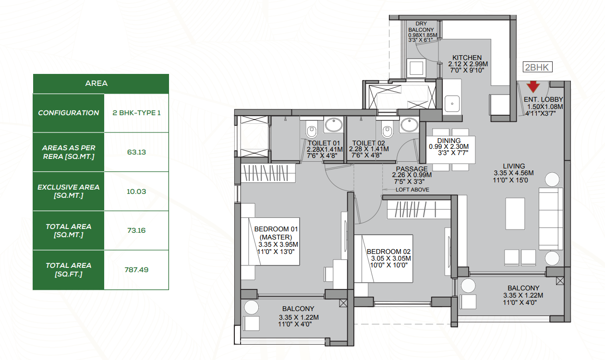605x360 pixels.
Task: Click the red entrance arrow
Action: tap(533, 87)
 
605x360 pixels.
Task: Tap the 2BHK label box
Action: tap(537, 67)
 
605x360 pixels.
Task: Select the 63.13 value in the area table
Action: tap(136, 152)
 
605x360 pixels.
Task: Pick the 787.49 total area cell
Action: tap(136, 270)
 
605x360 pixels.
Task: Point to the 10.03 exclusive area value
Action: tap(136, 192)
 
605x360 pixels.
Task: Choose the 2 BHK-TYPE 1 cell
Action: tap(136, 113)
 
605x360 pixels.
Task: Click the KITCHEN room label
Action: tap(467, 58)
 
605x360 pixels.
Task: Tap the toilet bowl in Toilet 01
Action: tap(312, 129)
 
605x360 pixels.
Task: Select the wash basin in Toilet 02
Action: tap(410, 125)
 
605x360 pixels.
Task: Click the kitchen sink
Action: tap(452, 103)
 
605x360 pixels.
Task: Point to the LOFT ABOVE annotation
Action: tap(412, 190)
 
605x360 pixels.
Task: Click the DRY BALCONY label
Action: tap(421, 27)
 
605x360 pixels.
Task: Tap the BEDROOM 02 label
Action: tap(388, 252)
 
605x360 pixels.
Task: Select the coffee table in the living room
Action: tap(515, 214)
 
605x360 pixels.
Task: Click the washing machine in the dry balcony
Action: tap(416, 67)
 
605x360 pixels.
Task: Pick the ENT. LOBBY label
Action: tap(543, 99)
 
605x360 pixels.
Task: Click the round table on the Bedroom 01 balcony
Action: tap(251, 307)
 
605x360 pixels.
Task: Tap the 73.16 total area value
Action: tap(136, 230)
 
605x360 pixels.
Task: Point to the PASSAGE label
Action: tap(411, 169)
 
